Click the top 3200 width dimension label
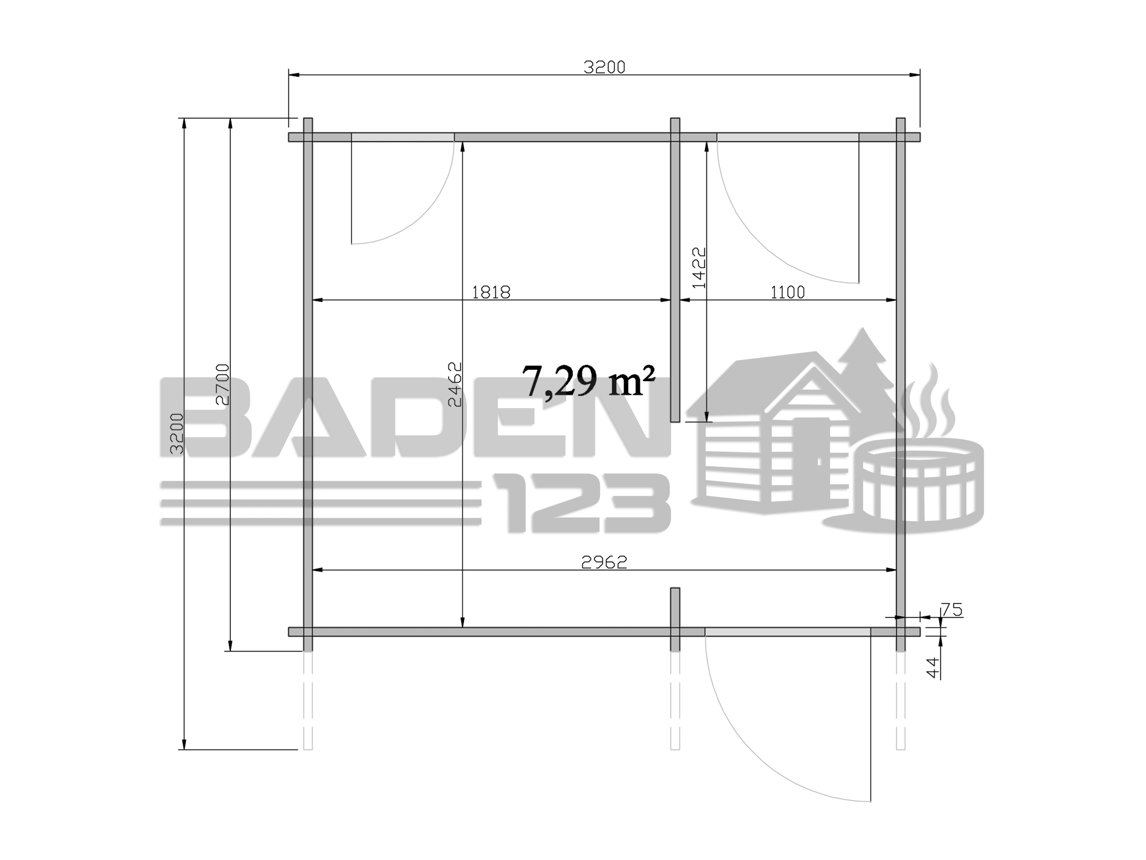[x=605, y=67]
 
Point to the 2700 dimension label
[x=222, y=384]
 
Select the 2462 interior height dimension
[x=454, y=384]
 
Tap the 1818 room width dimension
[x=491, y=292]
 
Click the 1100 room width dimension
[x=788, y=292]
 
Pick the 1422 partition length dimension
[x=700, y=267]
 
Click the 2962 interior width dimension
[x=605, y=562]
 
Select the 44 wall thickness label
[x=932, y=667]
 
